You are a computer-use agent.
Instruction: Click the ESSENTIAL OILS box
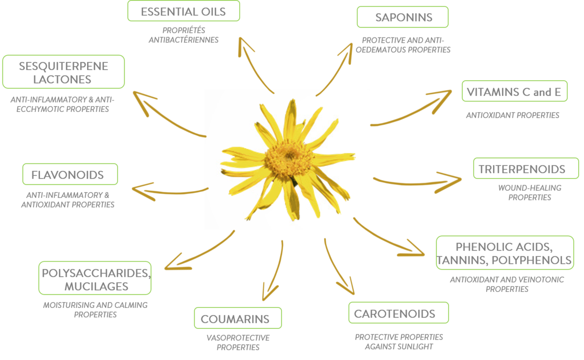183,11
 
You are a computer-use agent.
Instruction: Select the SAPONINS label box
402,18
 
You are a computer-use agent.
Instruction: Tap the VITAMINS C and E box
514,91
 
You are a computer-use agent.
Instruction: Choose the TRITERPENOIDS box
526,169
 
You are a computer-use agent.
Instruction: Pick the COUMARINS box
237,319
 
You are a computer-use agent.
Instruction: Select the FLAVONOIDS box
70,174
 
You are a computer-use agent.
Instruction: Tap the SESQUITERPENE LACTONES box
63,72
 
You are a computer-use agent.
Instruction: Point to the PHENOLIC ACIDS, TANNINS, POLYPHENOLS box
504,253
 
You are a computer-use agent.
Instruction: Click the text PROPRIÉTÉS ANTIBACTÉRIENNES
183,35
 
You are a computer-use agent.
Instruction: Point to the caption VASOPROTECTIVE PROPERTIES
237,342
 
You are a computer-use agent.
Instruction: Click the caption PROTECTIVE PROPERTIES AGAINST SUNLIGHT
399,342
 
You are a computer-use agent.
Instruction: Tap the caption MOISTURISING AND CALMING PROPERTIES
95,310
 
